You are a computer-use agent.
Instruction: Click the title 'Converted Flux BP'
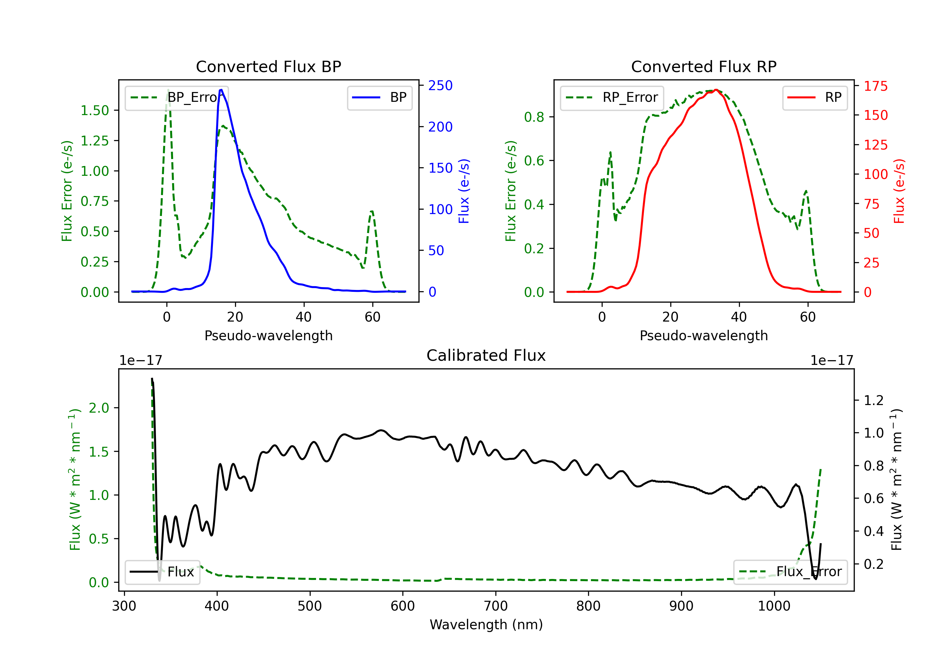268,66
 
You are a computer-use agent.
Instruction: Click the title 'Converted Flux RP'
704,66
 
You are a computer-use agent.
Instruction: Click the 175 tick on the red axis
875,86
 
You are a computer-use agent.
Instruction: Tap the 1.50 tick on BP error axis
95,110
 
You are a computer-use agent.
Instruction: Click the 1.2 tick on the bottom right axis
873,400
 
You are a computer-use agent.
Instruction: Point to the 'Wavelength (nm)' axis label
486,624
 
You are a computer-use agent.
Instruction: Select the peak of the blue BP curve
221,90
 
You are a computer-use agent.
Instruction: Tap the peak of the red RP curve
716,90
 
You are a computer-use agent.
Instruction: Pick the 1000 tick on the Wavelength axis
774,606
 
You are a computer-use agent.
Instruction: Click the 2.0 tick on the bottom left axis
98,408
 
